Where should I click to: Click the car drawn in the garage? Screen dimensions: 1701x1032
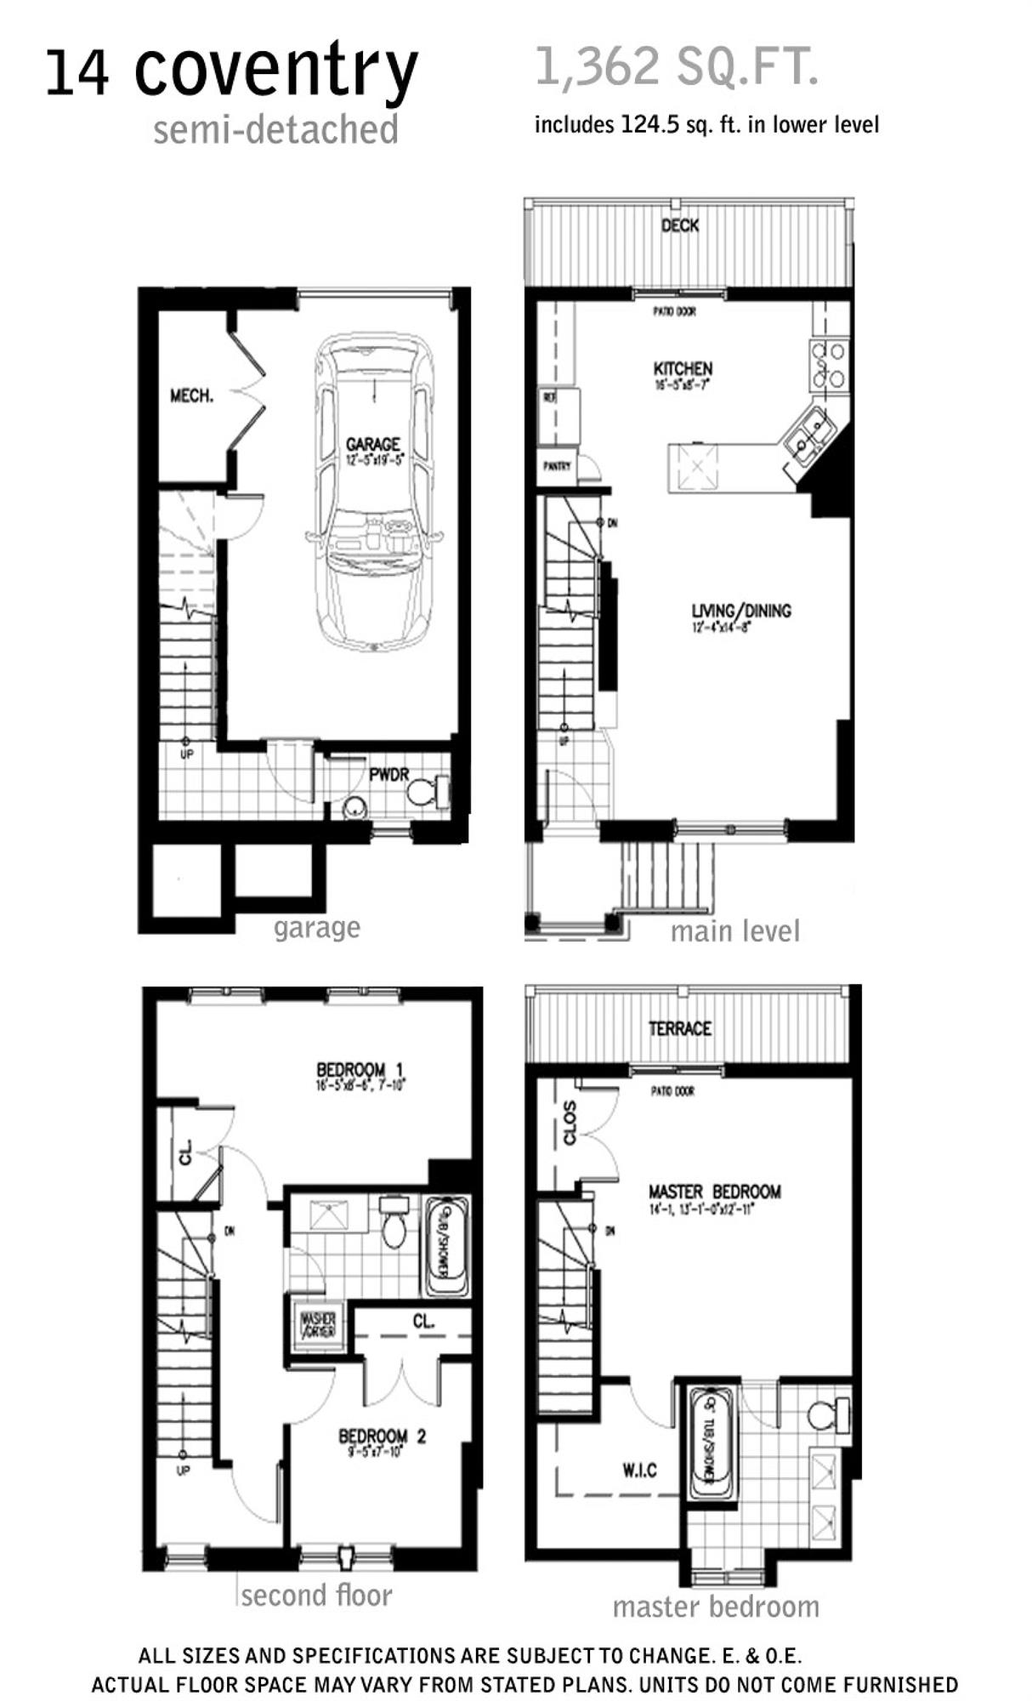click(374, 493)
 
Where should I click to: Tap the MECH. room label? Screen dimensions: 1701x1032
click(191, 395)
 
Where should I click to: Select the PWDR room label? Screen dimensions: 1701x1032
click(389, 775)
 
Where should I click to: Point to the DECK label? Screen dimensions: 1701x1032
click(680, 225)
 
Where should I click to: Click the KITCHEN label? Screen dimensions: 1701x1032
click(683, 368)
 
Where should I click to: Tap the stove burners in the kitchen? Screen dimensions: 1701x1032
click(829, 365)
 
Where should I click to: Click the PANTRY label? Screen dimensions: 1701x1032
click(558, 466)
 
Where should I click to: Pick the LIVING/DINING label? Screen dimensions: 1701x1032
click(740, 611)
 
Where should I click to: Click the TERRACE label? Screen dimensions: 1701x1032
click(679, 1028)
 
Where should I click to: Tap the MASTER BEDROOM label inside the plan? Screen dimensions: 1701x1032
click(714, 1192)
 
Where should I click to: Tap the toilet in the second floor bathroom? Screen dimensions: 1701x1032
click(394, 1225)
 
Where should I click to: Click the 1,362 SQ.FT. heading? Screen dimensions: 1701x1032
click(677, 67)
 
